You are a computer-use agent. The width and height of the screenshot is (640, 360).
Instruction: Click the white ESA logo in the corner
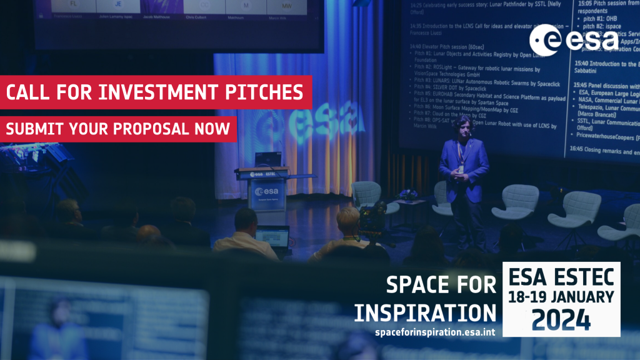point(573,39)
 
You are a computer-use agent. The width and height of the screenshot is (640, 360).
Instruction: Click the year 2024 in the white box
point(561,319)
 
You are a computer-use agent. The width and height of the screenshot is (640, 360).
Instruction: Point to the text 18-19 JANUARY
point(561,297)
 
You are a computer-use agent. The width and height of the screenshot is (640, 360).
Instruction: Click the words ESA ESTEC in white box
point(562,276)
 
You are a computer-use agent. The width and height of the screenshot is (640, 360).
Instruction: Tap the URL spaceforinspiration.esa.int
point(434,332)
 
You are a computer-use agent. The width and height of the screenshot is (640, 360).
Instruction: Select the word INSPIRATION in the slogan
point(425,312)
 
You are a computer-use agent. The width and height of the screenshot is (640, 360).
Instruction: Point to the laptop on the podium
point(268,159)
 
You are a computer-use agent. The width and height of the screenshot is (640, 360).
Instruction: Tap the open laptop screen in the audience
point(272,237)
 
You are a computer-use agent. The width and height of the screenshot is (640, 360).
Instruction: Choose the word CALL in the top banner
point(28,92)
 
